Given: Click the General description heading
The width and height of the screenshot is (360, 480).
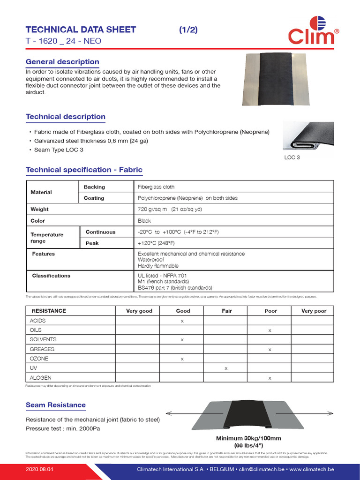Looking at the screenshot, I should [62, 62].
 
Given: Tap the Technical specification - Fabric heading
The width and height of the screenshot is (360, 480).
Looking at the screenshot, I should [84, 170].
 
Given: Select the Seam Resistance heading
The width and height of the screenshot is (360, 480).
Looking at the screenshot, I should [56, 405].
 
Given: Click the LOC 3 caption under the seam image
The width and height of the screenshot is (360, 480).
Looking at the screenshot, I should [292, 157].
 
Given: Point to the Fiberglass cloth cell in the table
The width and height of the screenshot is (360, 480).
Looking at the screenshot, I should [156, 187].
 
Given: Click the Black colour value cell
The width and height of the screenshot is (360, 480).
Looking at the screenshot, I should [144, 221].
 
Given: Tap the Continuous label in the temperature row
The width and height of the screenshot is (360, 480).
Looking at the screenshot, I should [100, 232].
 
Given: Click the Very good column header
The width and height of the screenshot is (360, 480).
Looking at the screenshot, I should [139, 311].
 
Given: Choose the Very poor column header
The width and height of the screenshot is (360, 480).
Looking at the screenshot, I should [314, 311].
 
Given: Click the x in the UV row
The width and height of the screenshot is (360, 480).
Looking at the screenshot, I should [226, 368].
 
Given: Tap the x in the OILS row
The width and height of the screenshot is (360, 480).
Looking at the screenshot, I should [270, 330].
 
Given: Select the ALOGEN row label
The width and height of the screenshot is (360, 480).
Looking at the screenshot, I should [41, 378].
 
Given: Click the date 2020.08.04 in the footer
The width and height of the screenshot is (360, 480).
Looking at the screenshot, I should [40, 469].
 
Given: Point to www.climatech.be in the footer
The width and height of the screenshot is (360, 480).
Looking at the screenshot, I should [312, 469].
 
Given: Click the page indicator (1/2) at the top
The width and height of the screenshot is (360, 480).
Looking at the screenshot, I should [188, 30].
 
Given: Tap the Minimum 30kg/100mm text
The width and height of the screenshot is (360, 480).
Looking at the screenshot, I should [248, 438].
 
